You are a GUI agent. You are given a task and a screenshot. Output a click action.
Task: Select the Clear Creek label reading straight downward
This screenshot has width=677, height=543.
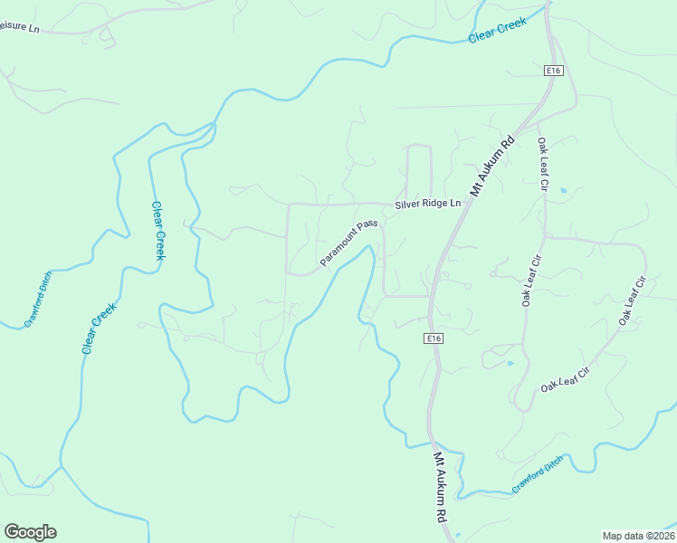[x=158, y=230]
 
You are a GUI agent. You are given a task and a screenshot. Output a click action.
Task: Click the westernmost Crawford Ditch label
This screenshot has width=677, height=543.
[x=38, y=300]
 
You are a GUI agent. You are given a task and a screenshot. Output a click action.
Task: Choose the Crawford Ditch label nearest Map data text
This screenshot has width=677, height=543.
[x=537, y=474]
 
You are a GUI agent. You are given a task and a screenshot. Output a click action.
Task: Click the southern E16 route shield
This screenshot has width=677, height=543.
[x=435, y=338]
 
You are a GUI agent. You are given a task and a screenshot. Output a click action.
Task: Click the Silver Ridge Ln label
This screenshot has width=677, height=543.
[x=427, y=205]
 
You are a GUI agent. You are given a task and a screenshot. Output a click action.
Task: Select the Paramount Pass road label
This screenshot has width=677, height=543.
[x=348, y=243]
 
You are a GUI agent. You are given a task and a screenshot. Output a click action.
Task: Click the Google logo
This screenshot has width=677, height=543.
[x=30, y=532]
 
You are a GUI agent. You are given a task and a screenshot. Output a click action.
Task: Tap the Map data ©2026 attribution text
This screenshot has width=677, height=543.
[x=638, y=536]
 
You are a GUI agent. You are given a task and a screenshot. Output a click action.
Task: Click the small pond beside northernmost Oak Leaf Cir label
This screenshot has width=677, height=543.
[x=563, y=191]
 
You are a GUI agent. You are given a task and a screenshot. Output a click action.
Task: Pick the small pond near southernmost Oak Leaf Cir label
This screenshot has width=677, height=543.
[x=510, y=364]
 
